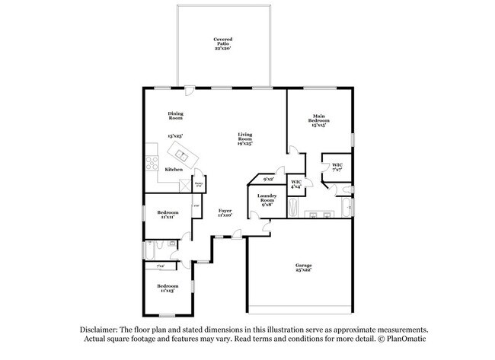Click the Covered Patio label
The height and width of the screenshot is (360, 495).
(x=222, y=43)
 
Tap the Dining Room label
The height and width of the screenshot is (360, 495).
(x=176, y=116)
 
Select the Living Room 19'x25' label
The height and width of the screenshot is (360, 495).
(x=244, y=138)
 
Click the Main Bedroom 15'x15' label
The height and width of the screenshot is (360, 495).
(x=318, y=120)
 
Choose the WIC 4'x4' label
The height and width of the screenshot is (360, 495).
(x=297, y=184)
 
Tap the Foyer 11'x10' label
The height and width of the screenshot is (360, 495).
(x=225, y=212)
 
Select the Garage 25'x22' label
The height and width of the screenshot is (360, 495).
(x=303, y=267)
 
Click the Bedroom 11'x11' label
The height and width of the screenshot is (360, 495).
(x=168, y=214)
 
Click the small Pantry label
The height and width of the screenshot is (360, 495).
(x=198, y=183)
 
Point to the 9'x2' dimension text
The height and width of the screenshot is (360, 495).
(x=267, y=180)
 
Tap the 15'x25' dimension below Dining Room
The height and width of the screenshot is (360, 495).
(x=176, y=136)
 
